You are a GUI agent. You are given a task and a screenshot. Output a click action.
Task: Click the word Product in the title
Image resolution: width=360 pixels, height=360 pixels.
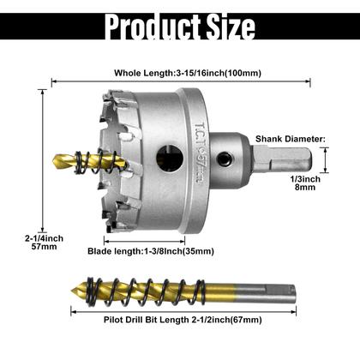point(153,26)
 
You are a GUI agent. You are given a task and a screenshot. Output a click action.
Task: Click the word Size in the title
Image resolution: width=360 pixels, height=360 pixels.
point(231,26)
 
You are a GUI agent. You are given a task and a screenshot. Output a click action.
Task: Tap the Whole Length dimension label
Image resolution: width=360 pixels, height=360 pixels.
point(188,73)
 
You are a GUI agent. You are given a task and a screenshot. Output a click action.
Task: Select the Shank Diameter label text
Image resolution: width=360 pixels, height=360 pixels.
point(291,139)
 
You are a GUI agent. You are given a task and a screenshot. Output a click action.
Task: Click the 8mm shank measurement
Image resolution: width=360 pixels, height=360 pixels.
point(305,188)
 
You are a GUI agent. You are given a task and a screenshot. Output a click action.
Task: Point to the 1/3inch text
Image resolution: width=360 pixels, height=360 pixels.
point(305,179)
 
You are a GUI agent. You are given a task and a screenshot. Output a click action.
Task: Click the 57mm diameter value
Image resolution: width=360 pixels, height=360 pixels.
point(44,247)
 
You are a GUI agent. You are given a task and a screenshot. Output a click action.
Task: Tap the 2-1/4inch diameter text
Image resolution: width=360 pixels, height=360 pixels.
point(44,238)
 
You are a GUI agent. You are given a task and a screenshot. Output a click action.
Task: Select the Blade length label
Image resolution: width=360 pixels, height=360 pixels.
point(151,251)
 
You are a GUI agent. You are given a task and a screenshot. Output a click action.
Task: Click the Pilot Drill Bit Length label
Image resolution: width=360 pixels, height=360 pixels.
point(183,320)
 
